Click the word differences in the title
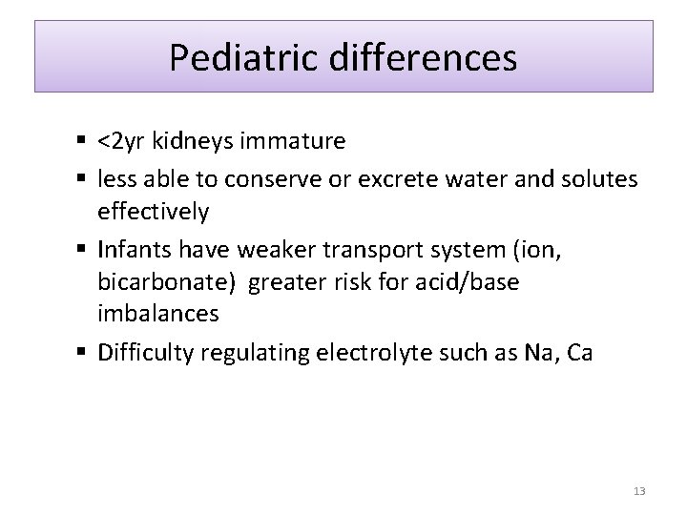tap(424, 57)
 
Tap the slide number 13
tap(638, 491)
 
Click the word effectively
tap(153, 211)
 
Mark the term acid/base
tap(471, 282)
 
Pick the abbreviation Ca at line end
tap(579, 352)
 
